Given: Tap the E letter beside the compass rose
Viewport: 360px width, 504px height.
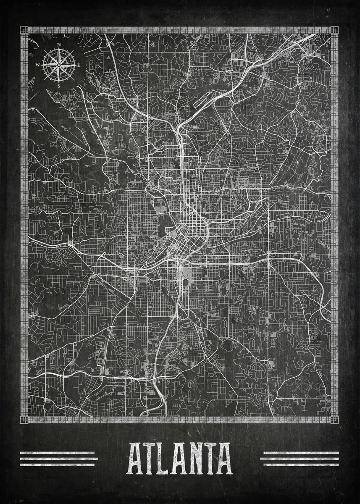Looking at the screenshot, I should (x=79, y=65).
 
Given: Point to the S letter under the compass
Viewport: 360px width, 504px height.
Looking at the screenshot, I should (x=59, y=86).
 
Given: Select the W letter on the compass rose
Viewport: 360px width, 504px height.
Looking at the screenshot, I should (x=38, y=65).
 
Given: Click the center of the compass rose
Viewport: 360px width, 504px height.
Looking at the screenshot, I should (x=59, y=65).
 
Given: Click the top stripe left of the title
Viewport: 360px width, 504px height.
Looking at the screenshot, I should (x=59, y=453).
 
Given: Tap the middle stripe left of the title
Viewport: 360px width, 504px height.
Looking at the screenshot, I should (x=59, y=459).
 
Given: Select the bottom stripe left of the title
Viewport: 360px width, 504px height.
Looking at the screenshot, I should (x=59, y=464).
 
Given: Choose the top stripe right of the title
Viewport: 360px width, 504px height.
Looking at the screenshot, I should (x=299, y=453).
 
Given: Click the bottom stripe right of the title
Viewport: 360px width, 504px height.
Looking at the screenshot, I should (x=299, y=464).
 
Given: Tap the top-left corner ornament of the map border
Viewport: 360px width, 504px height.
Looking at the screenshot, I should (x=24, y=30).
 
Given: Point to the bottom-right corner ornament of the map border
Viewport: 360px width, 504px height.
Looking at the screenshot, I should (x=334, y=420).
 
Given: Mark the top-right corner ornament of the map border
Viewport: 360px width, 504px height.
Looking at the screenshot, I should (x=334, y=30).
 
